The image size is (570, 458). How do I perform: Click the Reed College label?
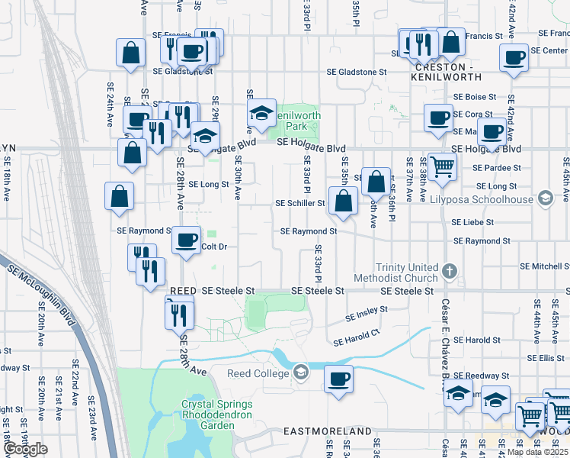(258, 373)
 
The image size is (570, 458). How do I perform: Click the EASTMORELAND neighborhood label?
(327, 431)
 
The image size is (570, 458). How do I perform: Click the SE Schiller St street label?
(300, 204)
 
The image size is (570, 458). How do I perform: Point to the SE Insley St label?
(367, 313)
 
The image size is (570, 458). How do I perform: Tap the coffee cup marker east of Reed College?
(338, 379)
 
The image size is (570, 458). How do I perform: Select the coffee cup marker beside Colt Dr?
(186, 240)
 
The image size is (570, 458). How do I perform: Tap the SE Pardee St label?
(498, 167)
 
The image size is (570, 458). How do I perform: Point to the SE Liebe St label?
(473, 223)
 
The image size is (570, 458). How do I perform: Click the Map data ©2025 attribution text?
(536, 452)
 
